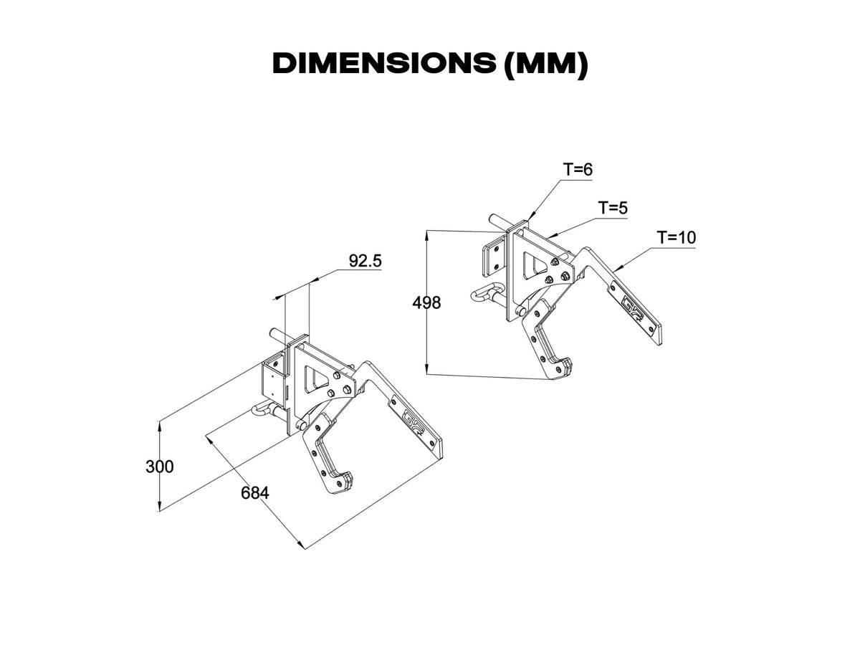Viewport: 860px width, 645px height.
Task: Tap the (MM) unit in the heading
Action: [546, 64]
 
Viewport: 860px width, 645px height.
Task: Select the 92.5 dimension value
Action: [365, 261]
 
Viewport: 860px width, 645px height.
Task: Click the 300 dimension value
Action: [159, 467]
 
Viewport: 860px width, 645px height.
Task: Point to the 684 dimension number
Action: [254, 493]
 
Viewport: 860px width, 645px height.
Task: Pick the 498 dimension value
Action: [426, 302]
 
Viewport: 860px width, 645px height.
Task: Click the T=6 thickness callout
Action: [578, 170]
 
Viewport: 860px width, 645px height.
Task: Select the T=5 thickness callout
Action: [613, 208]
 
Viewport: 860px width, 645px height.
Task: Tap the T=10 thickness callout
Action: [676, 237]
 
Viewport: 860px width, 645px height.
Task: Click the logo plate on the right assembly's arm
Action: [634, 308]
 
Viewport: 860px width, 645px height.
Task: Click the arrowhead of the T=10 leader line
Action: [616, 270]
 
